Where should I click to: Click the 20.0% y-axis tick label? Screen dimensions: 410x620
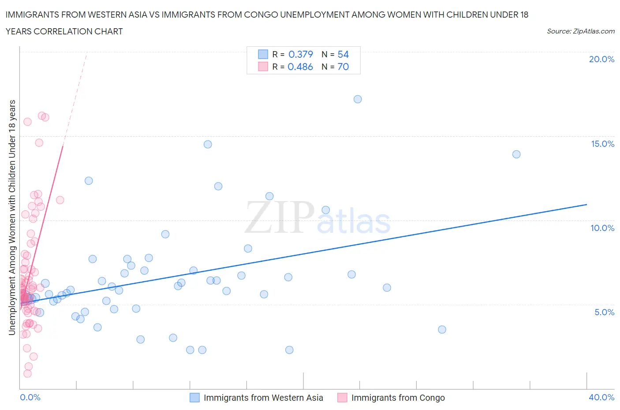(x=601, y=59)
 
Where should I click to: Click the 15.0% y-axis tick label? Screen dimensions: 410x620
(x=602, y=144)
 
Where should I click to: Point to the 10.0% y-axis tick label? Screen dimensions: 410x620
(x=602, y=228)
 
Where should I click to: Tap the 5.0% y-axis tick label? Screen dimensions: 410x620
(x=604, y=312)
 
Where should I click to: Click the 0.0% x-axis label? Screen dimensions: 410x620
(x=30, y=397)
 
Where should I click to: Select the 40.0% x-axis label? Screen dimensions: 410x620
(x=601, y=397)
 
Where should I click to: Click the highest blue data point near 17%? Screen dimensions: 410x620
(x=358, y=99)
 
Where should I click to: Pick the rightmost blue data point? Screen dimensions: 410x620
(x=516, y=154)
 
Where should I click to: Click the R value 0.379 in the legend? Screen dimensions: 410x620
(x=300, y=54)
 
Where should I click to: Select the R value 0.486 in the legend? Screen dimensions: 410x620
(x=300, y=67)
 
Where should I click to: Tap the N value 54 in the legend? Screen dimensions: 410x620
(x=343, y=54)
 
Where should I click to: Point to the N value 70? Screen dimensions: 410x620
(x=343, y=67)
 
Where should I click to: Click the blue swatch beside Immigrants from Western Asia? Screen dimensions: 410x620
(x=194, y=398)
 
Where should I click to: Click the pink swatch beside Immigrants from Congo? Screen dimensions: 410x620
(x=342, y=398)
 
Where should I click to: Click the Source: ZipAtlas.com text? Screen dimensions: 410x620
(x=580, y=31)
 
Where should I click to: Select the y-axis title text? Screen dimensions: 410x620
(x=12, y=217)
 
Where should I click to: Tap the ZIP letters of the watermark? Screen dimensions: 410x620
(x=279, y=217)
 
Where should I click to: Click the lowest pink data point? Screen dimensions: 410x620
(x=27, y=373)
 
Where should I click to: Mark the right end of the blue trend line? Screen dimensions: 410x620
(x=586, y=205)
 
